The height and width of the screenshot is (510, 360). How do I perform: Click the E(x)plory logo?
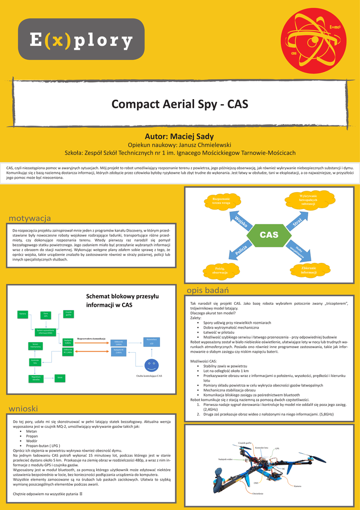click(x=81, y=39)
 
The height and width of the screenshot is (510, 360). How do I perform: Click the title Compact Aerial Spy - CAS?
click(x=180, y=105)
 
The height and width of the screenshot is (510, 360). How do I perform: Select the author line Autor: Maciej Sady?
click(x=179, y=136)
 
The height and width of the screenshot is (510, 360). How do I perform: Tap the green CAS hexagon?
click(x=269, y=235)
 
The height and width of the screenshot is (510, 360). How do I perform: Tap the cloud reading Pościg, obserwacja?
click(x=220, y=270)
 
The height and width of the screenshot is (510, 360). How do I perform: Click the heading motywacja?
click(x=30, y=218)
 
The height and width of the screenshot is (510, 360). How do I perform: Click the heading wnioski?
click(x=23, y=409)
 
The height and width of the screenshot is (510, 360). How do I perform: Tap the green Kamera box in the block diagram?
click(x=23, y=314)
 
